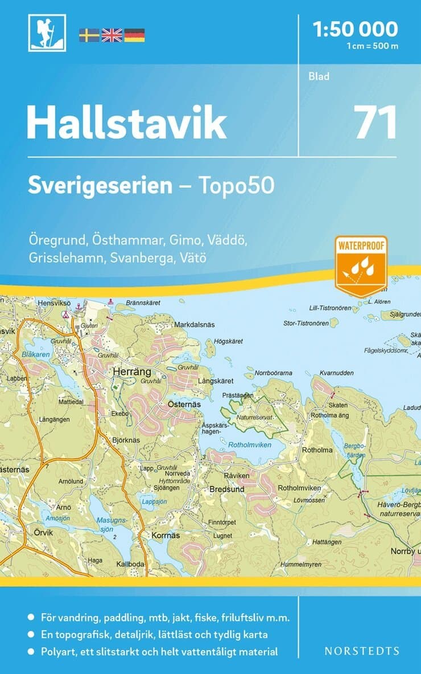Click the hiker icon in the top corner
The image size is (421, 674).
(x=47, y=33)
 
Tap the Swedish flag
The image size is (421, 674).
(x=89, y=35)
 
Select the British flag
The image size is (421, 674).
(x=112, y=35)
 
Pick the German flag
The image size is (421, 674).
(x=134, y=35)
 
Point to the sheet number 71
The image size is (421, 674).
(x=375, y=122)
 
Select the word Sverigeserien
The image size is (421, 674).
(x=100, y=186)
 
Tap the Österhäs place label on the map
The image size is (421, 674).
(x=183, y=403)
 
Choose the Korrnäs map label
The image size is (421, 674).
(x=166, y=536)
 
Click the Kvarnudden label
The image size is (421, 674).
(x=337, y=373)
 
